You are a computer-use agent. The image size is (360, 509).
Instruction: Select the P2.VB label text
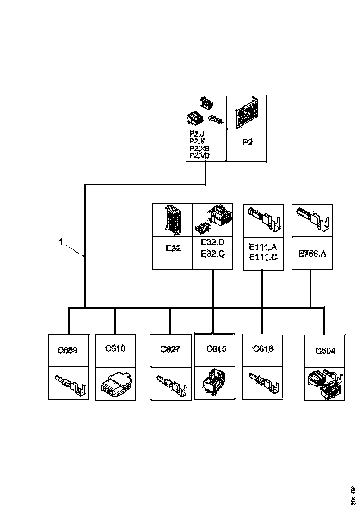[199, 156]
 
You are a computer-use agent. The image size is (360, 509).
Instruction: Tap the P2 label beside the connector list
[248, 143]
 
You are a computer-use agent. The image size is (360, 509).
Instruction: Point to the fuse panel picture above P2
[246, 112]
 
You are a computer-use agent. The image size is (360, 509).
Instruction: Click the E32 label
[173, 248]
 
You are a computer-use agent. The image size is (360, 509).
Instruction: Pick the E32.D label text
[213, 242]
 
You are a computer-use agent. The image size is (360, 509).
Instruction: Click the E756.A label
[312, 254]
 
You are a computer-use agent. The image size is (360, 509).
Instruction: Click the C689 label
[68, 350]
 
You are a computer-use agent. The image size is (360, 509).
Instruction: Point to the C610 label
[115, 348]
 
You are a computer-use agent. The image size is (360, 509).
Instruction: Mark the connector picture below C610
[115, 384]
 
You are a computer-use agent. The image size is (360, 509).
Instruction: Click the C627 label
[170, 349]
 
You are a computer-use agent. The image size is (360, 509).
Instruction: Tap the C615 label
[216, 349]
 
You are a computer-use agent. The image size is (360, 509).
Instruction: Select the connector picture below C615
[213, 383]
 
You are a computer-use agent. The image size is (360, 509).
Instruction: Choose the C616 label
[263, 348]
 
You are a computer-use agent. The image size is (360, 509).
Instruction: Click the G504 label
[325, 351]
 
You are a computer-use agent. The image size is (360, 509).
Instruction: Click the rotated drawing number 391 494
[354, 495]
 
